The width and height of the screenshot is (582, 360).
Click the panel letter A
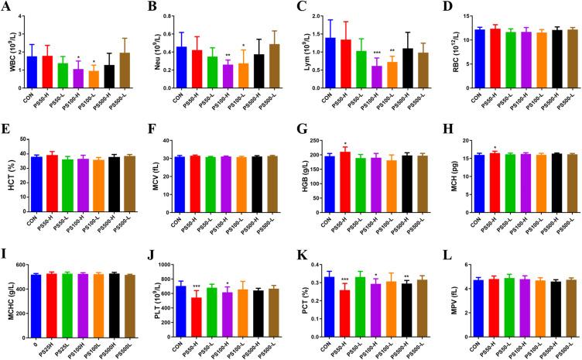click(5, 8)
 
